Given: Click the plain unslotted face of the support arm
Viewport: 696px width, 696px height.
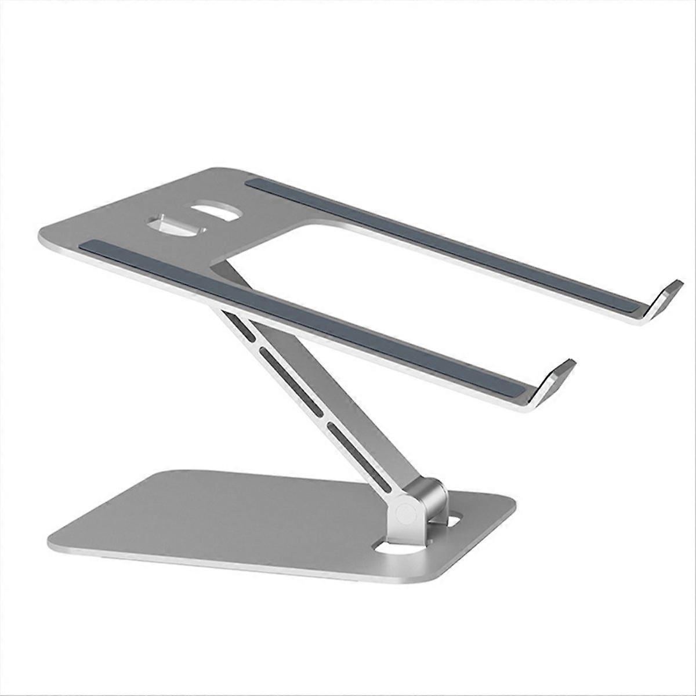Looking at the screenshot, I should click(x=371, y=423).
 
